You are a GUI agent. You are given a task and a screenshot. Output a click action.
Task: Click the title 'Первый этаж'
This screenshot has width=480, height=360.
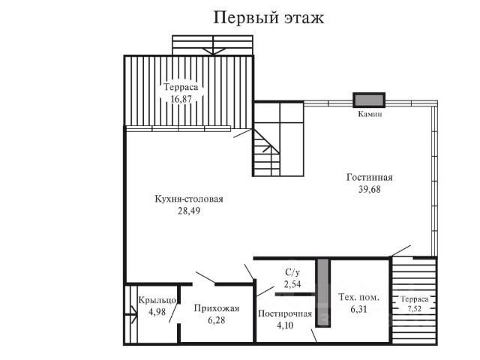tap(268, 18)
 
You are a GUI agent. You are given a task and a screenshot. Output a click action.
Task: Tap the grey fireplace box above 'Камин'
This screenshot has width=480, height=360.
tap(369, 100)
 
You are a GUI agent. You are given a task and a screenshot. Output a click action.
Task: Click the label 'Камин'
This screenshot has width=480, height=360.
tap(370, 114)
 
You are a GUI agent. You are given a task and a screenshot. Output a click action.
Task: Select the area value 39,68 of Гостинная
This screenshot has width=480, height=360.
tap(370, 189)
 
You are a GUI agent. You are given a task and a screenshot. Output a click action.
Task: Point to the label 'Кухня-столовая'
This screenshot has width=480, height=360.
tap(189, 199)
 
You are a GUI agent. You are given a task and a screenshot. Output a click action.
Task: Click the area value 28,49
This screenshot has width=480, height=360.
tap(189, 211)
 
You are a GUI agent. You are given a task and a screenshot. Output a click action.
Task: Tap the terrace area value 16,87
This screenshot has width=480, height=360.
tap(181, 99)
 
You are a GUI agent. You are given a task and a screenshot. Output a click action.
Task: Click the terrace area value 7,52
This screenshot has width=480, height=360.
tap(414, 308)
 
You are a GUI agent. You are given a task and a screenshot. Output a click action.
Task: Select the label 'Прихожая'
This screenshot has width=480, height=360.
tap(217, 308)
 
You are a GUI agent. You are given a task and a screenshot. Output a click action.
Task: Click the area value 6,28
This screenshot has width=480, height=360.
tap(217, 320)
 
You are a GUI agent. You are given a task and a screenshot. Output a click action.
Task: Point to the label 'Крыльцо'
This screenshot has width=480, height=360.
tap(157, 300)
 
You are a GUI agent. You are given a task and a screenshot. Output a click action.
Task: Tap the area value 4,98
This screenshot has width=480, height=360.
tap(157, 312)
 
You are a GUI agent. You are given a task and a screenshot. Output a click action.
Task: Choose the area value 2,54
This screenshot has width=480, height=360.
tap(292, 284)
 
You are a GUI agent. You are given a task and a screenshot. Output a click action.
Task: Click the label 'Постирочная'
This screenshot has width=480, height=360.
tap(285, 313)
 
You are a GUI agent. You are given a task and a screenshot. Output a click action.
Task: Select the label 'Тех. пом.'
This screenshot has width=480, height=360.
tap(358, 297)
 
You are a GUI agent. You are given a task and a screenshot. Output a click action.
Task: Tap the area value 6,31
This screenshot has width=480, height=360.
tap(358, 309)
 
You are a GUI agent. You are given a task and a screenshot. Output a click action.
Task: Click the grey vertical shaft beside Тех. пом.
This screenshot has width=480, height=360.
tap(323, 293)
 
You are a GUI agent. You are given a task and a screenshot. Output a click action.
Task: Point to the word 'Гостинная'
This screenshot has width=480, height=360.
tap(370, 177)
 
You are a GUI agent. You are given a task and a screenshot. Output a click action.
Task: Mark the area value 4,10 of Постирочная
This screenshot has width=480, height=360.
tap(285, 325)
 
